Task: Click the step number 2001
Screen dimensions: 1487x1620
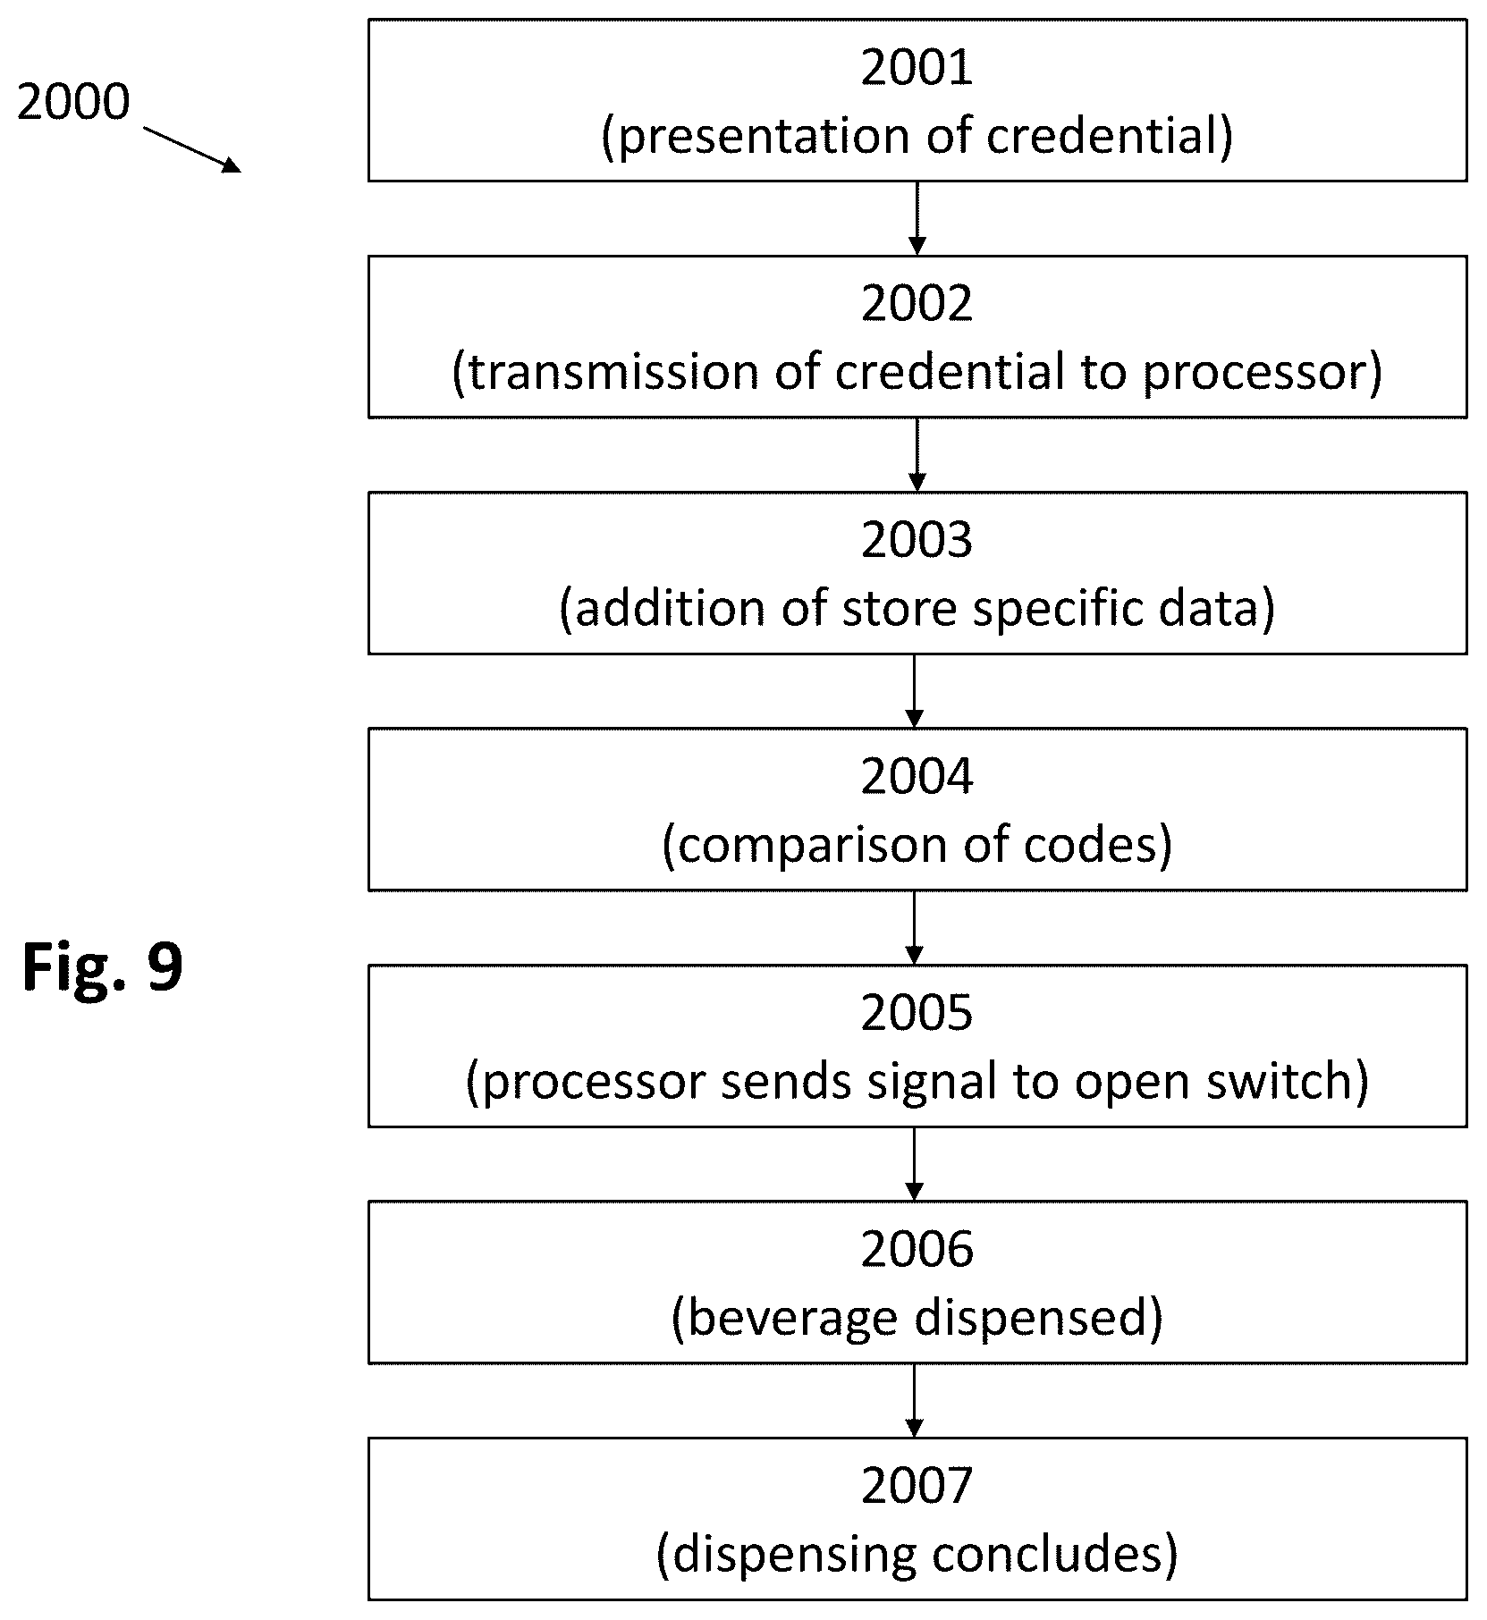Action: click(917, 68)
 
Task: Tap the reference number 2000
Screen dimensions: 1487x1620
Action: click(73, 102)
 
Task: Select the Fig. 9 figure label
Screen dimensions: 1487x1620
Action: click(103, 968)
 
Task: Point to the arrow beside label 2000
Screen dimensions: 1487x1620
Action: click(192, 148)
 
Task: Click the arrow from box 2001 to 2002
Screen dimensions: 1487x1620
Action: click(917, 218)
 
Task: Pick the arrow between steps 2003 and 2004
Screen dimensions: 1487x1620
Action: click(914, 691)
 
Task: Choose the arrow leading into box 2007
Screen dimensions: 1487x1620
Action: click(914, 1400)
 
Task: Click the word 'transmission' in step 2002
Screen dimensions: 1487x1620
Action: click(613, 373)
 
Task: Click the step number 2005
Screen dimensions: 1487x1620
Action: click(917, 1014)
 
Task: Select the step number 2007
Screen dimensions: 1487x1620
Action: click(917, 1486)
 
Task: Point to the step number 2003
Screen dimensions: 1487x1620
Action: click(917, 541)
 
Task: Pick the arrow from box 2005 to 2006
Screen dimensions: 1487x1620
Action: click(914, 1164)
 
